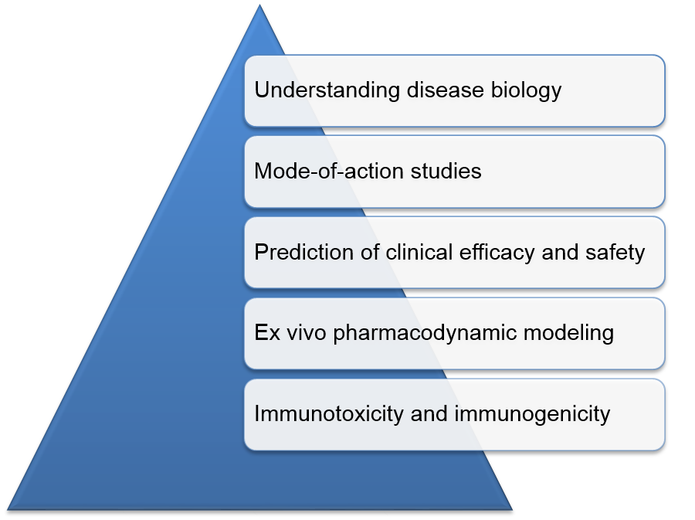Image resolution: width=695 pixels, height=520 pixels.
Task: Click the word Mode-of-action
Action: [329, 171]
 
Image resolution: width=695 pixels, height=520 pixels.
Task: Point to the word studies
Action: [446, 171]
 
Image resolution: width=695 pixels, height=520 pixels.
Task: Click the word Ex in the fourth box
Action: [267, 333]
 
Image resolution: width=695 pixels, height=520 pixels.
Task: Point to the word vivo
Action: [307, 333]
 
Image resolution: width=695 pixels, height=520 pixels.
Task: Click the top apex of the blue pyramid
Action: [259, 5]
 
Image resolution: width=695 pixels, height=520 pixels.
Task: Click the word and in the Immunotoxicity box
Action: [429, 414]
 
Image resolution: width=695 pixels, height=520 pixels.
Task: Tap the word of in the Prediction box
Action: [370, 252]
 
